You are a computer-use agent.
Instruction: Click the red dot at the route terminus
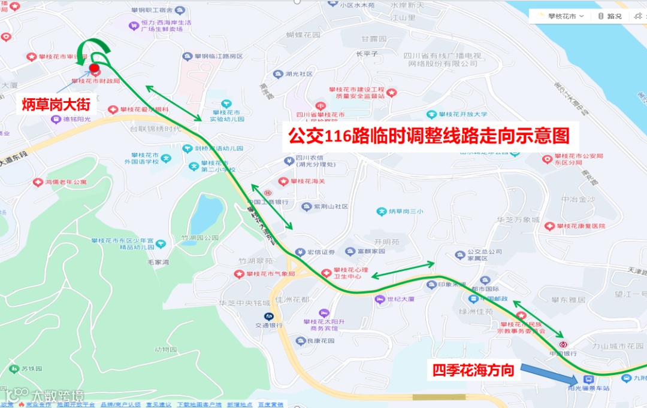(x=94, y=68)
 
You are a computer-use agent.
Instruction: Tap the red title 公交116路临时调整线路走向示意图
(x=428, y=136)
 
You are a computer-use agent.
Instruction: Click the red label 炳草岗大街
(x=56, y=105)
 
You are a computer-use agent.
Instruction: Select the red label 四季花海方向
(x=474, y=370)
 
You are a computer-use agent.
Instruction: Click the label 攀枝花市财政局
(x=96, y=81)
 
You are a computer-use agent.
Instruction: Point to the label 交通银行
(x=269, y=325)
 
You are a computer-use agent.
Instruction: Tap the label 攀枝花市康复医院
(x=581, y=226)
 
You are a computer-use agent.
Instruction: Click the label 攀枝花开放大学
(x=463, y=114)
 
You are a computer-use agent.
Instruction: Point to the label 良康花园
(x=320, y=341)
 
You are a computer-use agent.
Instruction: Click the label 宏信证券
(x=321, y=252)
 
